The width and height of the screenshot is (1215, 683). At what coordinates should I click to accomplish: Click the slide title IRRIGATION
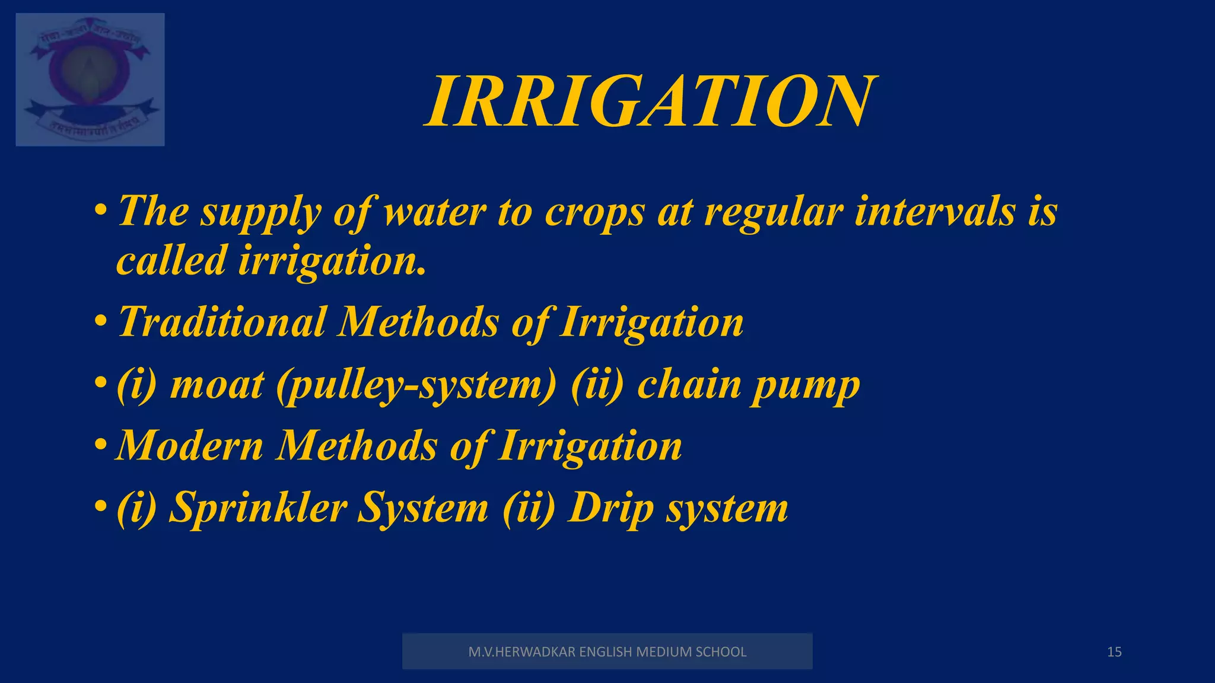point(650,102)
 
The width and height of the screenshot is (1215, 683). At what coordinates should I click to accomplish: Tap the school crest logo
point(90,79)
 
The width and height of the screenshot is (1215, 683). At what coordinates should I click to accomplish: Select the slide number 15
point(1114,652)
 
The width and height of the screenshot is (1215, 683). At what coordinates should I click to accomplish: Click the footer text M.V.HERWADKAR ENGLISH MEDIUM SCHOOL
point(607,652)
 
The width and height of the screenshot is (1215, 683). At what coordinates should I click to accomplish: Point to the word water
point(435,212)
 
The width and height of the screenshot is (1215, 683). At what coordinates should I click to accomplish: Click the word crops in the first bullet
point(594,213)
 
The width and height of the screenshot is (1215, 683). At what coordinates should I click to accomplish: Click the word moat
point(217,385)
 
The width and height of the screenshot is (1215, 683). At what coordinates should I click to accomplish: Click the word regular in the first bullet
point(773,213)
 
